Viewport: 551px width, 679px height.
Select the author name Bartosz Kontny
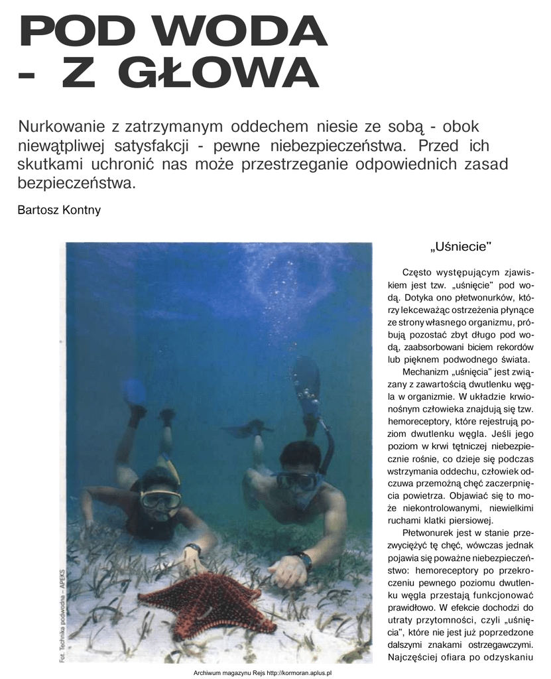tap(60, 210)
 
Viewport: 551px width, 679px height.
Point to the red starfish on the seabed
tap(205, 601)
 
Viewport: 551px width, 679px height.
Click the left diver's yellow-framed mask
tap(160, 499)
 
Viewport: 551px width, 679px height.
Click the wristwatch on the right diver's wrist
tap(304, 560)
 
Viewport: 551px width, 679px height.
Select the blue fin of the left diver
tap(135, 393)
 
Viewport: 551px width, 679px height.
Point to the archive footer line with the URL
tap(262, 672)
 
